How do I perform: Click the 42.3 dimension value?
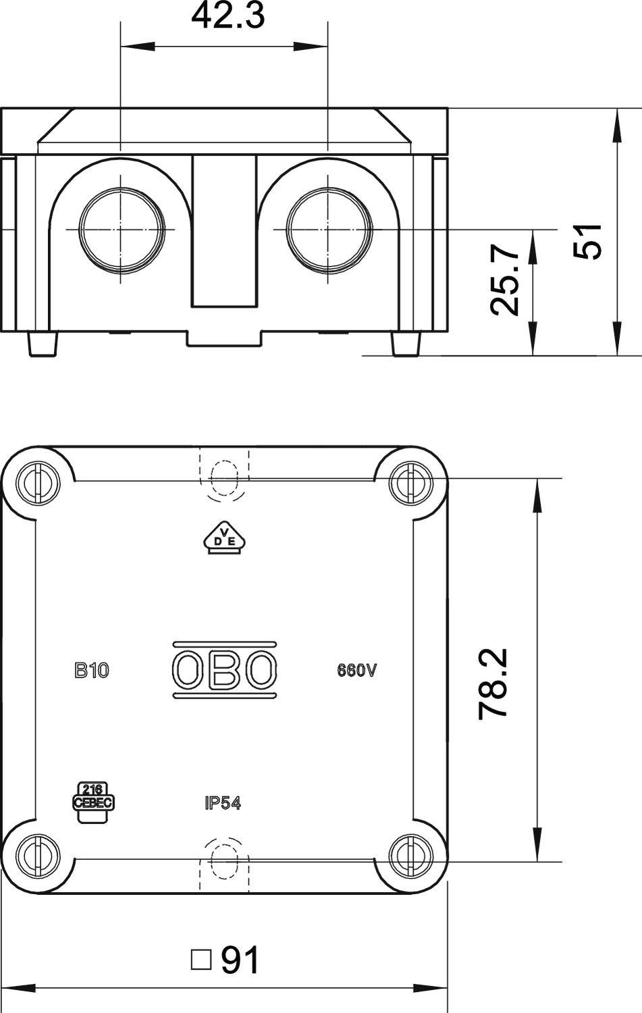(228, 16)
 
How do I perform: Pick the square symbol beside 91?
(200, 960)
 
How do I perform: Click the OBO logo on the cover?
(224, 670)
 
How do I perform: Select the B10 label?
(91, 671)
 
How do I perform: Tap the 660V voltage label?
(356, 671)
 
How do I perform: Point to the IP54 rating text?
(223, 803)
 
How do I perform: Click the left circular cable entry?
(122, 230)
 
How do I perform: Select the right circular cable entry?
(329, 230)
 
